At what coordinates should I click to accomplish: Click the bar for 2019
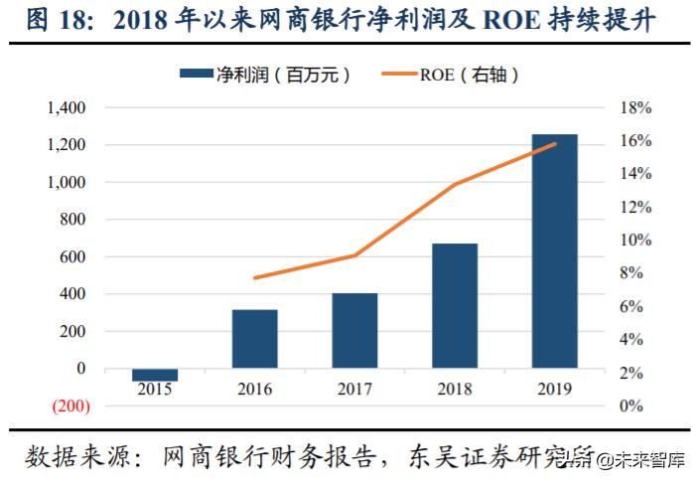click(554, 250)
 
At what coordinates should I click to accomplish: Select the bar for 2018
click(454, 305)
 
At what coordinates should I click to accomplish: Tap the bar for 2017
click(354, 330)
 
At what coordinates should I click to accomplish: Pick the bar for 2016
click(255, 339)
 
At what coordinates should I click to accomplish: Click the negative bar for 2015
click(155, 375)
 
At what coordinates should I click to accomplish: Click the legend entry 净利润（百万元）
click(265, 74)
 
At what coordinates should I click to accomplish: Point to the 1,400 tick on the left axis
click(68, 107)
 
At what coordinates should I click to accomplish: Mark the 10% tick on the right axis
click(635, 241)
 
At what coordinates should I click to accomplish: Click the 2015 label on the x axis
click(155, 390)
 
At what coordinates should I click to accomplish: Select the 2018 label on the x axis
click(454, 390)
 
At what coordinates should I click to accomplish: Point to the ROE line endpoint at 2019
click(554, 144)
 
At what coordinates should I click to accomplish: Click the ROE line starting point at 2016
click(255, 277)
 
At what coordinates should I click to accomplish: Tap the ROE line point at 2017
click(354, 255)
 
